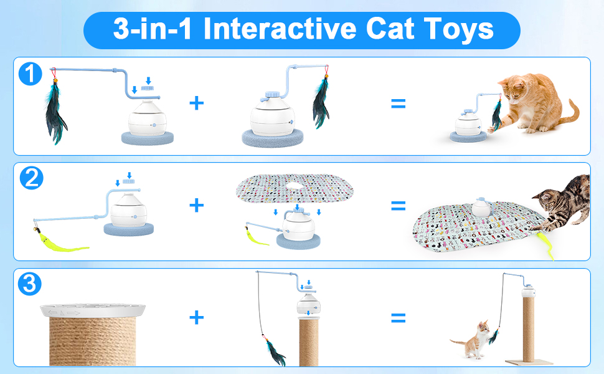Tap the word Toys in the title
(458, 29)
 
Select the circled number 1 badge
(30, 75)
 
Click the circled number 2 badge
(31, 179)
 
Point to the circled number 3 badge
(31, 284)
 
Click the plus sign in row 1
(196, 102)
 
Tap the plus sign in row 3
(196, 318)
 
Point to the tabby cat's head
(546, 201)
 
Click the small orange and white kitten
(473, 340)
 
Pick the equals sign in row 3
(398, 318)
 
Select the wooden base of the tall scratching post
(529, 363)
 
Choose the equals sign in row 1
(398, 102)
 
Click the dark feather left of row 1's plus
(56, 112)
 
